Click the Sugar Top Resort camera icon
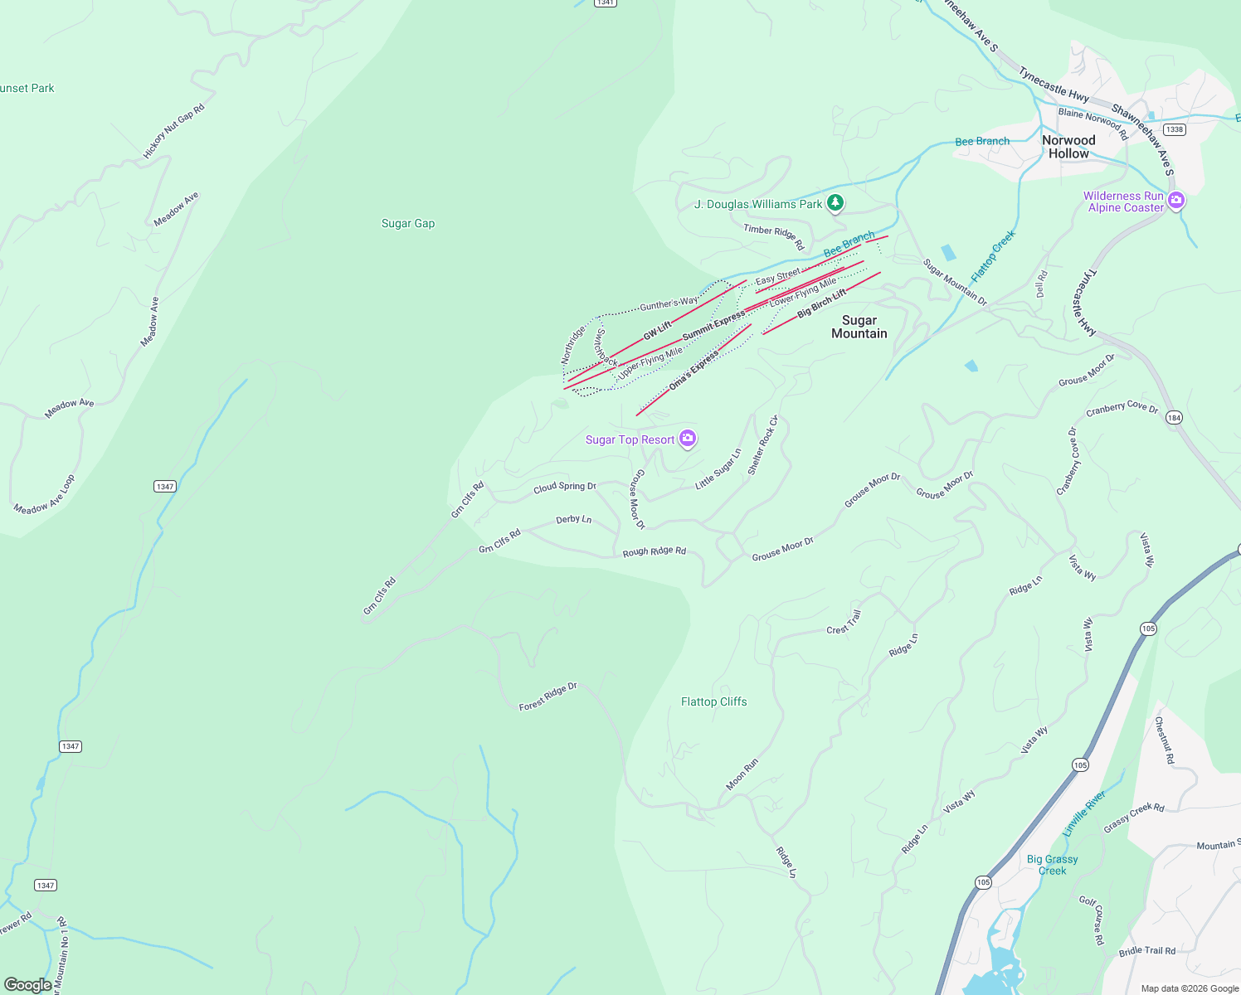pyautogui.click(x=688, y=439)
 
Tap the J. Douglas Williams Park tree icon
pyautogui.click(x=835, y=202)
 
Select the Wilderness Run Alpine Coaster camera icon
pyautogui.click(x=1176, y=200)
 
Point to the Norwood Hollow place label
pyautogui.click(x=1068, y=147)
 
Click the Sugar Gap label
pyautogui.click(x=407, y=223)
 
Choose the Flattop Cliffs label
pyautogui.click(x=713, y=701)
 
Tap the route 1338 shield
pyautogui.click(x=1174, y=129)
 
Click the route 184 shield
pyautogui.click(x=1174, y=418)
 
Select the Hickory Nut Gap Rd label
pyautogui.click(x=173, y=131)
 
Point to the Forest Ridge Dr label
pyautogui.click(x=547, y=697)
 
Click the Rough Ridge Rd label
pyautogui.click(x=654, y=551)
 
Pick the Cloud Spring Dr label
pyautogui.click(x=564, y=488)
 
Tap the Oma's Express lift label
pyautogui.click(x=693, y=371)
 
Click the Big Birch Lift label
pyautogui.click(x=821, y=304)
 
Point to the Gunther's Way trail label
pyautogui.click(x=669, y=304)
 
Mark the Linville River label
pyautogui.click(x=1084, y=813)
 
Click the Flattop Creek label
pyautogui.click(x=993, y=255)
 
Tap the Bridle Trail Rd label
pyautogui.click(x=1146, y=951)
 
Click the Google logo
pyautogui.click(x=28, y=984)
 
